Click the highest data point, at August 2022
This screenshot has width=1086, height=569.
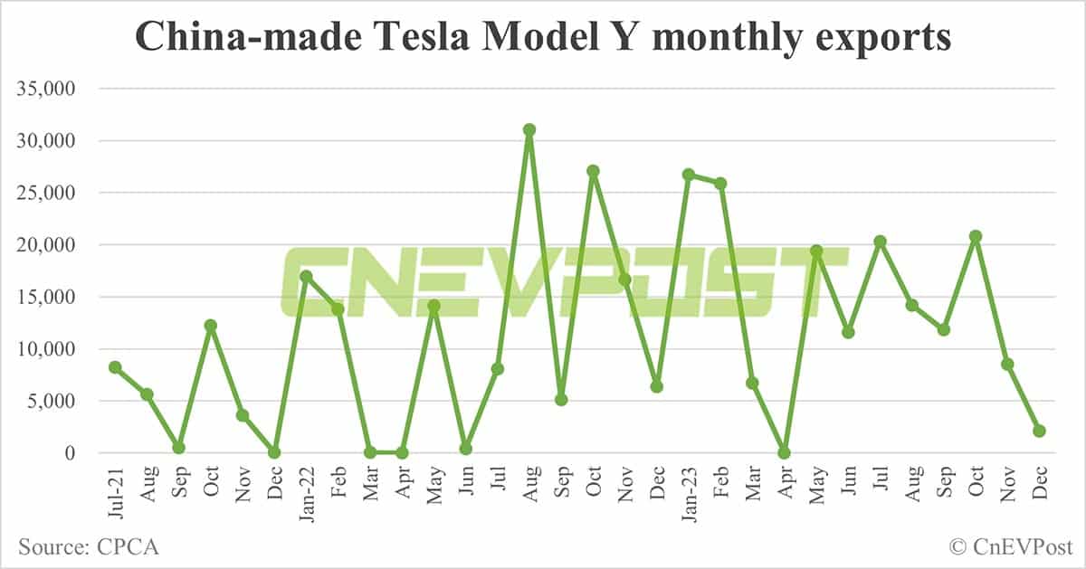[x=529, y=130]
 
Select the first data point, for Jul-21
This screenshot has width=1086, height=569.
[x=115, y=367]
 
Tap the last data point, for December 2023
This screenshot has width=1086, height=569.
[x=1040, y=431]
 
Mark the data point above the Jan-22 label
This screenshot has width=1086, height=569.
[x=306, y=277]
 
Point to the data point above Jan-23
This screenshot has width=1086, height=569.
[x=689, y=175]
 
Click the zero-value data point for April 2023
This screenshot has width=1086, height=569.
[x=785, y=452]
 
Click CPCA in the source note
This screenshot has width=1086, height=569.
[x=126, y=547]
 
